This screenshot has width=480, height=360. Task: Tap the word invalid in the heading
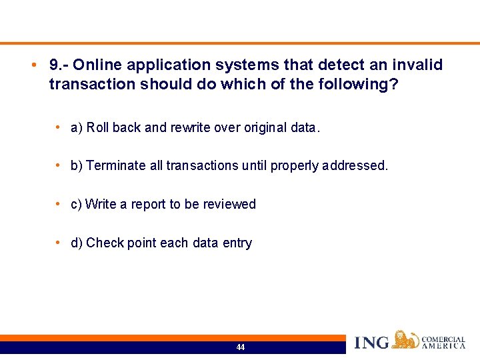[419, 65]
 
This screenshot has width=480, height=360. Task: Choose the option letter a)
[77, 128]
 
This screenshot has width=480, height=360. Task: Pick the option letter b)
[77, 166]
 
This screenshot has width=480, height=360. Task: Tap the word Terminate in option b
[117, 166]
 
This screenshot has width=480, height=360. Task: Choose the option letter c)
[76, 205]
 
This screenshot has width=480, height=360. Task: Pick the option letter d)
[77, 243]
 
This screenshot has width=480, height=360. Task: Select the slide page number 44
[240, 347]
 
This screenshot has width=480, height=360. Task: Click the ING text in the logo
[371, 343]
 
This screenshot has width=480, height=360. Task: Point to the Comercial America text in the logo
[443, 343]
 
